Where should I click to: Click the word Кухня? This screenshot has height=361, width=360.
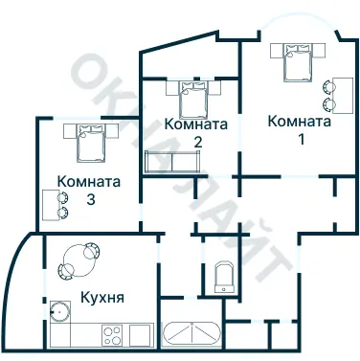click(x=102, y=297)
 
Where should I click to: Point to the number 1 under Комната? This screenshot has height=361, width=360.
click(x=300, y=140)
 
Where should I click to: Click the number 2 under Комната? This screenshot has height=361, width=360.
click(x=196, y=142)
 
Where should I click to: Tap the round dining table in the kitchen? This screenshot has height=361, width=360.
click(x=73, y=259)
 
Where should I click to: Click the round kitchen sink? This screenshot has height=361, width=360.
click(x=60, y=311)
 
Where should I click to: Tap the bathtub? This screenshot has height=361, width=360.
click(x=192, y=335)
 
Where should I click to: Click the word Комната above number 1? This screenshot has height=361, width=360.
click(x=299, y=122)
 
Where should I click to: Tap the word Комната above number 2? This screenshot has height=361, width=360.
click(x=195, y=124)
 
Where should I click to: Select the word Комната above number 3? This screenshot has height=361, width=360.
click(x=89, y=181)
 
